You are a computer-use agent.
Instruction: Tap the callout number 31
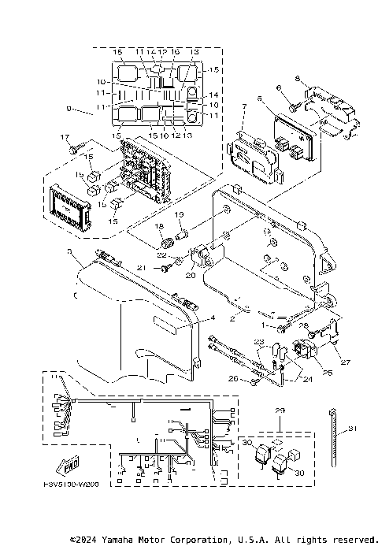(x=352, y=428)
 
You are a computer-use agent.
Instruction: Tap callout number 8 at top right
(x=297, y=79)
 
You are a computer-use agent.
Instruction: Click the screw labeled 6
(x=292, y=103)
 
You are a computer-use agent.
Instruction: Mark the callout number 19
(x=178, y=214)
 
